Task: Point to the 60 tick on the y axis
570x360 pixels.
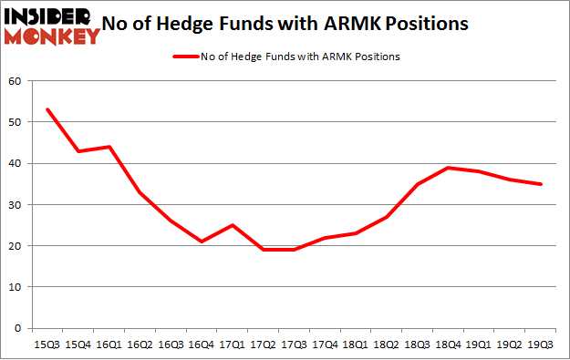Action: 16,81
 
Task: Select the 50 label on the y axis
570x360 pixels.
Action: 16,122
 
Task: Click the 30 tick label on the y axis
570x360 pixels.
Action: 16,204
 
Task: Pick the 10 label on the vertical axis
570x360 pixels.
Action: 16,286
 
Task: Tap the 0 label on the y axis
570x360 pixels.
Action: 18,327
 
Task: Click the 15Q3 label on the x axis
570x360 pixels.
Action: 47,345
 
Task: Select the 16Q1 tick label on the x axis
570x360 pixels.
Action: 110,345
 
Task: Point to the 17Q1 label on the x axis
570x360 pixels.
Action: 233,345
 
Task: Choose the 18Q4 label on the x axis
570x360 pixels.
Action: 450,345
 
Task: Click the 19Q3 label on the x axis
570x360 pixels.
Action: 542,345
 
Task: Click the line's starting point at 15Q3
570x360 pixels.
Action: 47,109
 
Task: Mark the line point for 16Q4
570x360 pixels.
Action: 202,242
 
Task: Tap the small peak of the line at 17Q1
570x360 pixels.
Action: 233,225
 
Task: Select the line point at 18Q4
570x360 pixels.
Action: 450,168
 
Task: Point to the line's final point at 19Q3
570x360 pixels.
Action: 542,184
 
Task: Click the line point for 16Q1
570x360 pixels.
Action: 110,147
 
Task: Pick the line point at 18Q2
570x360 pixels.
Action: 388,217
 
